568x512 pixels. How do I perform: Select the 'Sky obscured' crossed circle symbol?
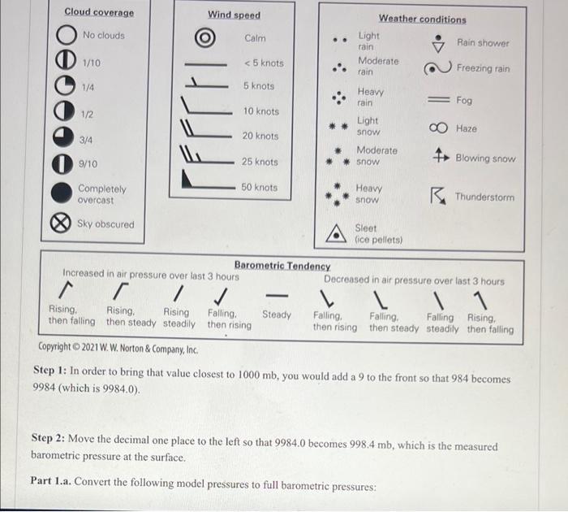(61, 225)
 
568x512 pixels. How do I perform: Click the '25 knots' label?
(260, 162)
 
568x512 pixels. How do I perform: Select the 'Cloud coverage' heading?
(99, 12)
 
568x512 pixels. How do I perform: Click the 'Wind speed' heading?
(234, 15)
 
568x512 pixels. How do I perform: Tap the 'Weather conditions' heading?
(422, 19)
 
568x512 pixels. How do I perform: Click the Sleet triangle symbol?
(336, 235)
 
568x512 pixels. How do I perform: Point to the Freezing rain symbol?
(438, 68)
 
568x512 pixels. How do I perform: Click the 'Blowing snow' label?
(484, 158)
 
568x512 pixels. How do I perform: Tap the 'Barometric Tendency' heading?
(282, 266)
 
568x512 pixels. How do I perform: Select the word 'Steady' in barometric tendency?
(277, 315)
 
